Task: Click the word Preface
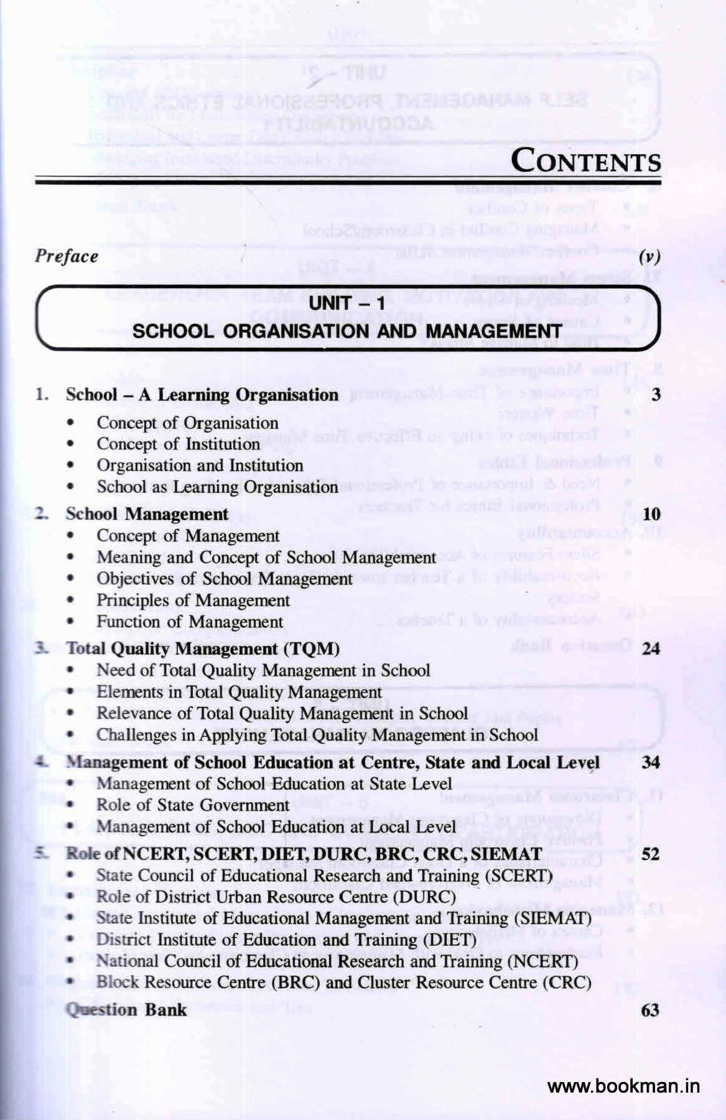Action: coord(66,256)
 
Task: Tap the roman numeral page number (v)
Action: coord(649,258)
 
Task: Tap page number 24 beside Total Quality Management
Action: coord(651,649)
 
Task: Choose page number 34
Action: coord(651,762)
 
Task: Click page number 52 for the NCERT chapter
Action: coord(651,854)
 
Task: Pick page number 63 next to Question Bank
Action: coord(650,1009)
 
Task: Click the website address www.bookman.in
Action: coord(623,1086)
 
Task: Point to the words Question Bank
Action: coord(126,1009)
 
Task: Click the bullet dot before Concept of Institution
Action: coord(74,445)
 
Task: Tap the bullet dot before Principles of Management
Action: coord(74,601)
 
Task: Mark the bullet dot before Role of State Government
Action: coord(74,805)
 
